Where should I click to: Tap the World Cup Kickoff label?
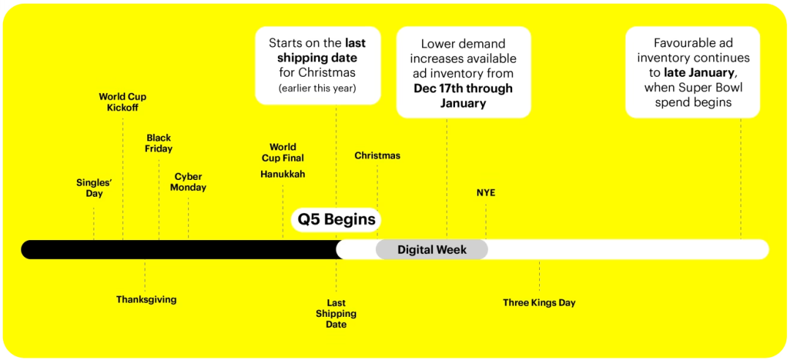(x=122, y=102)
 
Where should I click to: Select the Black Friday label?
(x=159, y=143)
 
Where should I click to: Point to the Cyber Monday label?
(x=188, y=182)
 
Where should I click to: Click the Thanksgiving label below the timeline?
(x=146, y=299)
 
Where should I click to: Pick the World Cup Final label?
(x=282, y=153)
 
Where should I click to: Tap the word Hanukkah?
(x=282, y=174)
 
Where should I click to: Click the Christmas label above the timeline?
(x=377, y=156)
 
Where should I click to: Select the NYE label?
(x=486, y=192)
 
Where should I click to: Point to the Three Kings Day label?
(x=539, y=303)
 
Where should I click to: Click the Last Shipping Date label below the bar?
(x=336, y=314)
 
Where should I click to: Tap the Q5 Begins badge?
(x=336, y=220)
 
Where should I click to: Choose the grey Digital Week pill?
(x=432, y=250)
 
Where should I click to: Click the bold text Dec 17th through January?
(x=464, y=96)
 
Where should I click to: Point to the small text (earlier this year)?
(x=317, y=89)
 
